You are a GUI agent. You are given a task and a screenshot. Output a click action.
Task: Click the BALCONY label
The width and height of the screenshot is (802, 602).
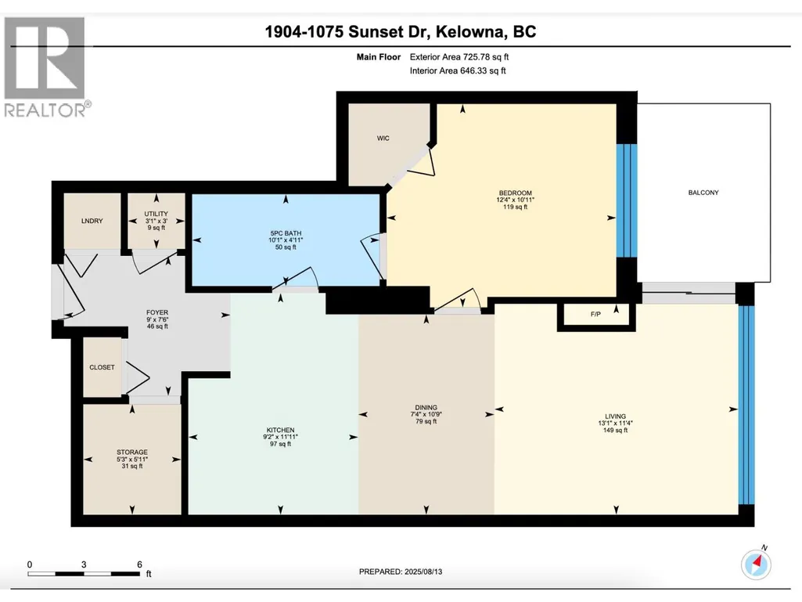point(703,193)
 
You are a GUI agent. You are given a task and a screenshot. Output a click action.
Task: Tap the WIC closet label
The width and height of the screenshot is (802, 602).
point(383,139)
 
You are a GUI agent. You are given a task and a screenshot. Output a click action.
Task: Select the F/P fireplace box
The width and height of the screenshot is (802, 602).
point(596,315)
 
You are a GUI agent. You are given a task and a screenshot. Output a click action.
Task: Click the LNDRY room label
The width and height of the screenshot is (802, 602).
point(92,221)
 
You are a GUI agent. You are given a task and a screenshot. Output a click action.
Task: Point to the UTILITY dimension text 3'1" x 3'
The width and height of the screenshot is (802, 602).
point(156,221)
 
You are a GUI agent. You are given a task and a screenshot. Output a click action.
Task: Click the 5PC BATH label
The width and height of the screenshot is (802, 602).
point(286,233)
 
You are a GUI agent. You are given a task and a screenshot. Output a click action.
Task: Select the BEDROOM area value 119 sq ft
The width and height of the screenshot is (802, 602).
point(515,207)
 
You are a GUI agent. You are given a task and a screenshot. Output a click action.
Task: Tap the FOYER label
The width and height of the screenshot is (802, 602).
point(157,312)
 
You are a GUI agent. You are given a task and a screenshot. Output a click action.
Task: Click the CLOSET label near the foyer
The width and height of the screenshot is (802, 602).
point(102,367)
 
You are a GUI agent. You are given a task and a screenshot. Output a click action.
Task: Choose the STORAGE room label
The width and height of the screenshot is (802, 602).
point(132,452)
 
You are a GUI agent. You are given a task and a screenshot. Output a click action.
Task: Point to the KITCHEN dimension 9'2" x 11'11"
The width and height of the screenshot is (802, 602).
point(280,437)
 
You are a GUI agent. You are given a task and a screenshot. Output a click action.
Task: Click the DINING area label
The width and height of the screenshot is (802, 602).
point(426,408)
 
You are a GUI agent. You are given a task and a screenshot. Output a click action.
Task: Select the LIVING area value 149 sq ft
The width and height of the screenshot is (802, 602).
point(615,431)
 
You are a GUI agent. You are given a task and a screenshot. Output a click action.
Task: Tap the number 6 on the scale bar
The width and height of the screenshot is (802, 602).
point(139,564)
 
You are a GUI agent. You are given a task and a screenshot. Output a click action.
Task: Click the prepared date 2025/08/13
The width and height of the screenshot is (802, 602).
point(423,571)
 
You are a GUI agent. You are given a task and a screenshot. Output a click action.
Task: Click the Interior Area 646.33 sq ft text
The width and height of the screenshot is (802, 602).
point(458,70)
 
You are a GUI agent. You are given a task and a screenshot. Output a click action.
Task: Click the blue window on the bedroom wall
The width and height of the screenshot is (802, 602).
point(627,200)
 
